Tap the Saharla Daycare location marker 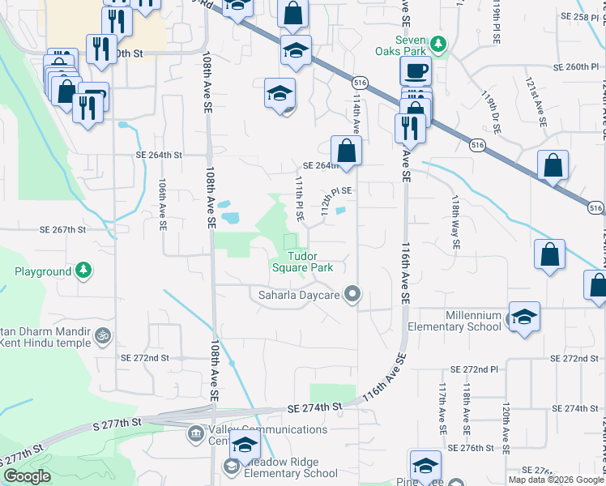click(x=352, y=294)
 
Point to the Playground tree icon click(x=83, y=271)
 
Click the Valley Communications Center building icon click(x=195, y=435)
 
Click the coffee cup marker click(x=416, y=71)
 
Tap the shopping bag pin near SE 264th click(x=346, y=151)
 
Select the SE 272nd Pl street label click(x=577, y=358)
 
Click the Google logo click(x=27, y=476)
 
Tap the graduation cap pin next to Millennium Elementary click(x=523, y=315)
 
